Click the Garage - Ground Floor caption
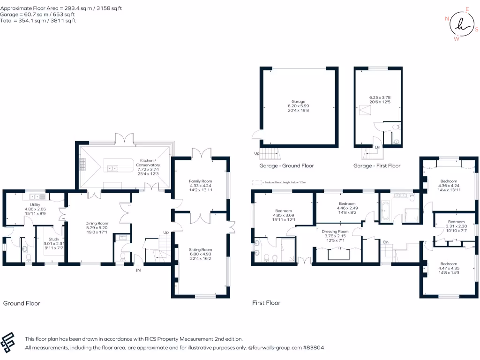point(286,165)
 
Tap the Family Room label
point(201,181)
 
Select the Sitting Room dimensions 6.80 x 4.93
point(201,254)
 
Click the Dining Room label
point(97,224)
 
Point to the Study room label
point(54,239)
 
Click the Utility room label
point(35,204)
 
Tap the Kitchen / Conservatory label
point(148,163)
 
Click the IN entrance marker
point(138,270)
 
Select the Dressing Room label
point(335,232)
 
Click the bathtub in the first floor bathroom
point(384,210)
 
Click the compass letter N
point(447,19)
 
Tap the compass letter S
point(477,30)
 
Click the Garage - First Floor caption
point(377,165)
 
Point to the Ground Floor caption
point(22,303)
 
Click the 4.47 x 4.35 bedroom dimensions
point(449,268)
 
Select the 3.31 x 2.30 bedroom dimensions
point(457,226)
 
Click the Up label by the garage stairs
point(256,153)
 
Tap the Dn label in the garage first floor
point(378,147)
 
